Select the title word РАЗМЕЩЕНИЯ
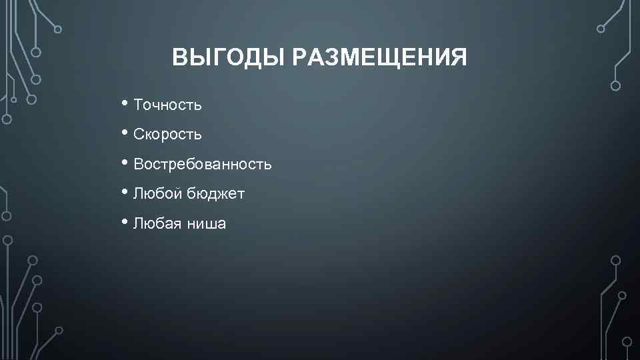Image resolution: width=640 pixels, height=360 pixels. click(x=379, y=58)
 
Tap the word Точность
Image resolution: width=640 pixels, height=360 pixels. click(x=167, y=105)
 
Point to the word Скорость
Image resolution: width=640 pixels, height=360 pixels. click(x=167, y=135)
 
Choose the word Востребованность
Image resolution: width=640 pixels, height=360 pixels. click(x=203, y=164)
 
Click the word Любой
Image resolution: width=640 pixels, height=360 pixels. click(x=158, y=194)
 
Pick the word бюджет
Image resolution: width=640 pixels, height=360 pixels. click(x=216, y=194)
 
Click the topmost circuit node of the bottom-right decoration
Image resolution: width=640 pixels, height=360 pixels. click(x=615, y=260)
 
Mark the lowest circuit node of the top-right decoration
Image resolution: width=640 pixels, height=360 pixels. click(x=615, y=85)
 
